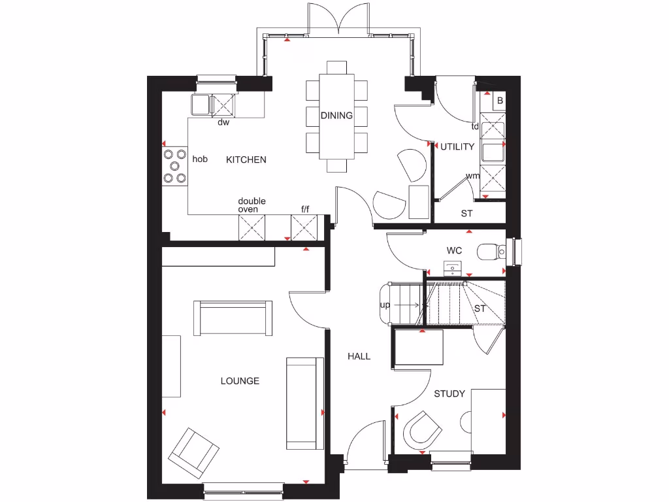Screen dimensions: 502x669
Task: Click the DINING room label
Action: click(336, 116)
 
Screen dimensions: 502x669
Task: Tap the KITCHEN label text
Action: click(246, 159)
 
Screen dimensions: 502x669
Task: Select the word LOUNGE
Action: click(240, 381)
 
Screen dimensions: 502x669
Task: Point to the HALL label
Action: click(359, 356)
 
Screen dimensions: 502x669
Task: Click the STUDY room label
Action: click(449, 393)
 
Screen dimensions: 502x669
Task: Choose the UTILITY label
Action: click(457, 146)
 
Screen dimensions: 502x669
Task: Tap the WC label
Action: click(455, 250)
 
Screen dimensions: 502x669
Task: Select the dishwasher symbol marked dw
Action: click(223, 105)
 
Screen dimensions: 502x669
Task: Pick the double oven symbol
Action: click(252, 227)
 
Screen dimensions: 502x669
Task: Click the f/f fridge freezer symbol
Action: click(303, 227)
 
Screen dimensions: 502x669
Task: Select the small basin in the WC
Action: click(453, 267)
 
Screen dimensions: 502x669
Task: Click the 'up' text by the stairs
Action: click(385, 305)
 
